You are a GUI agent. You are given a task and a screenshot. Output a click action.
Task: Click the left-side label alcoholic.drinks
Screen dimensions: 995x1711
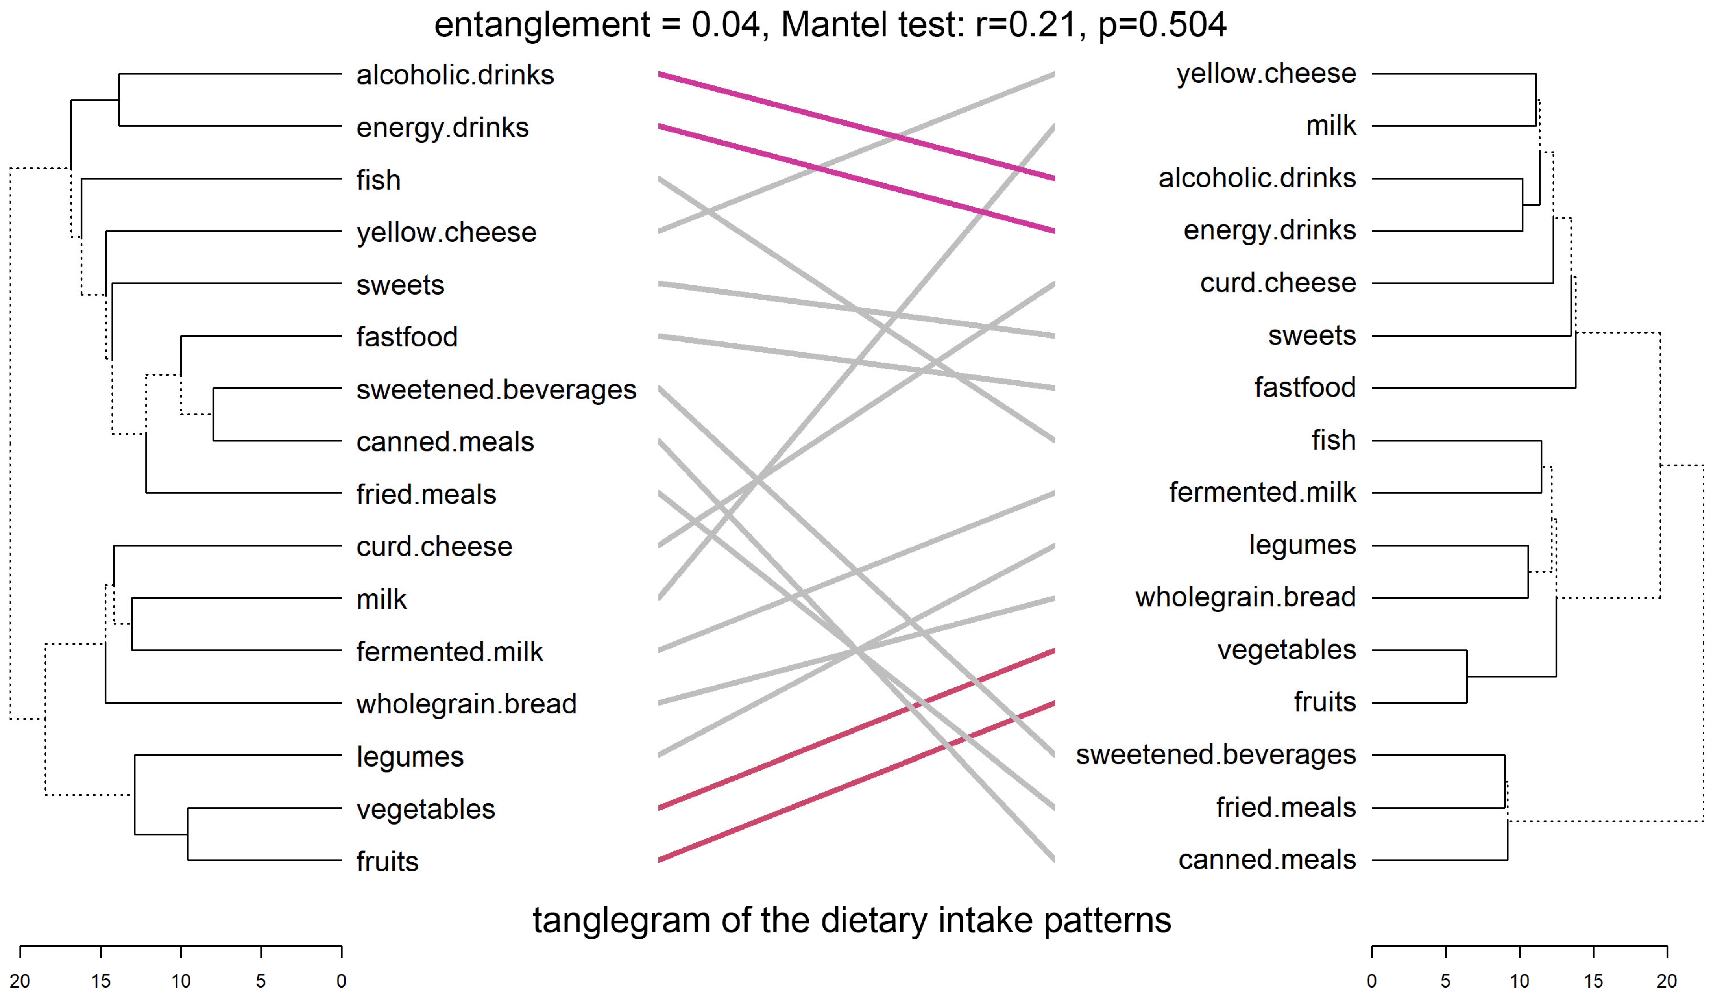[x=455, y=75]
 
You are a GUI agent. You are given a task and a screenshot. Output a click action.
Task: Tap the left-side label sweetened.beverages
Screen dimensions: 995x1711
[x=496, y=390]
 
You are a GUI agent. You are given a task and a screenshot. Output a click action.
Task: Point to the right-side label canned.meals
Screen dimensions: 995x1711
[x=1267, y=860]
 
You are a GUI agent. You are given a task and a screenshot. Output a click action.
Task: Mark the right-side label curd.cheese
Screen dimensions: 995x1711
[x=1278, y=283]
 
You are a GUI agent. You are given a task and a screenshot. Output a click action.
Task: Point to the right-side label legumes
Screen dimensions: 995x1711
[x=1302, y=545]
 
